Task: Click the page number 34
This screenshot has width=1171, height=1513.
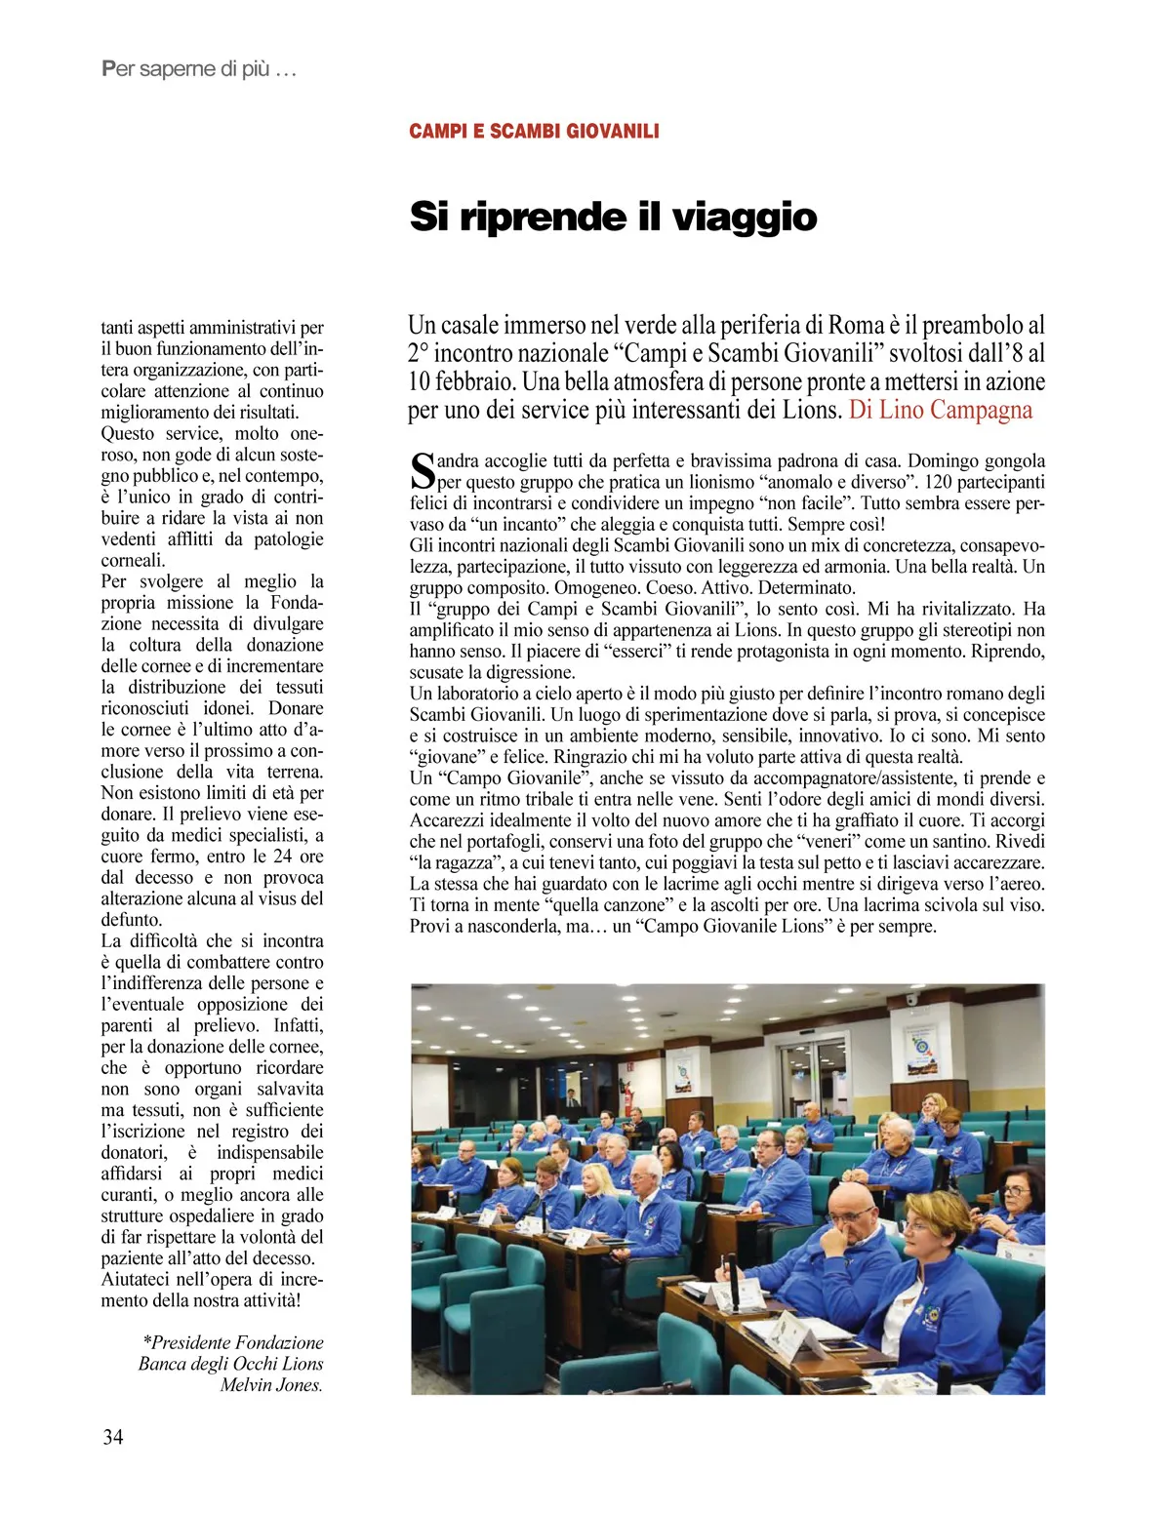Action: coord(112,1437)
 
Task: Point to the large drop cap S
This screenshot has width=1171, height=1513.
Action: coord(422,471)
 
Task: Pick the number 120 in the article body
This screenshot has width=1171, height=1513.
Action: coord(938,482)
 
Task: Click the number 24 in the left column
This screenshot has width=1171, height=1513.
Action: coord(282,856)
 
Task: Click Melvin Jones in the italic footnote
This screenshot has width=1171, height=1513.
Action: coord(270,1385)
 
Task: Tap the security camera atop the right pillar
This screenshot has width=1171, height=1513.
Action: coord(912,1000)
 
